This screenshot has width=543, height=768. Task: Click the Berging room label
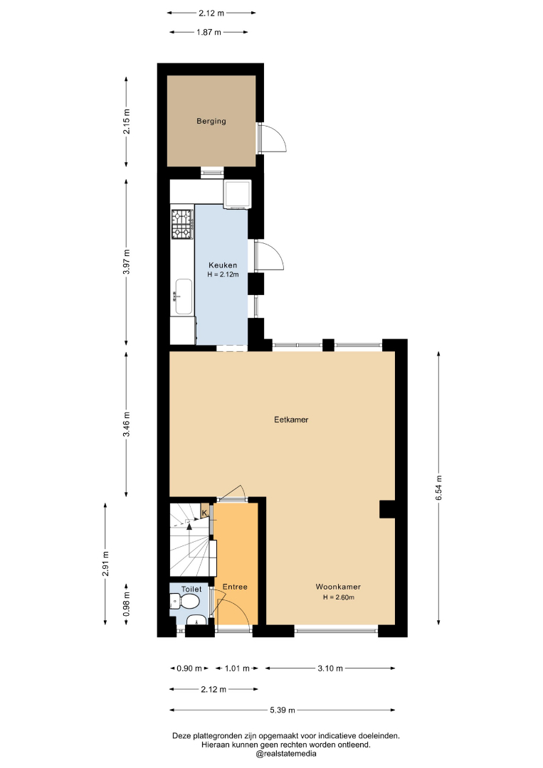click(211, 121)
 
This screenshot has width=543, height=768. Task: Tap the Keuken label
click(223, 265)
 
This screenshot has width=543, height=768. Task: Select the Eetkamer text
click(291, 420)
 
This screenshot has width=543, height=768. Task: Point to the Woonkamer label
click(338, 587)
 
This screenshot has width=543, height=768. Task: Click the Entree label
click(235, 587)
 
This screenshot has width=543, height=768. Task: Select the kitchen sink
click(183, 297)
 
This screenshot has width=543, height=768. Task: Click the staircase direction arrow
click(189, 526)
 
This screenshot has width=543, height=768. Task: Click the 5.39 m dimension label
click(283, 710)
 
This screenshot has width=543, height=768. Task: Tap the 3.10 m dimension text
click(330, 668)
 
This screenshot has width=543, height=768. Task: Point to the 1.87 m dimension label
click(209, 32)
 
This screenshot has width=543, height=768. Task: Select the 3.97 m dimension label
click(127, 262)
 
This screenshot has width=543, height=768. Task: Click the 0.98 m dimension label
click(127, 604)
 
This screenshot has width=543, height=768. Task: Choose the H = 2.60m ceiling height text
click(338, 597)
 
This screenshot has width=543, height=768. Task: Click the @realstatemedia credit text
click(285, 753)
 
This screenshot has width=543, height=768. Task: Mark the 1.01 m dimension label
click(237, 668)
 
